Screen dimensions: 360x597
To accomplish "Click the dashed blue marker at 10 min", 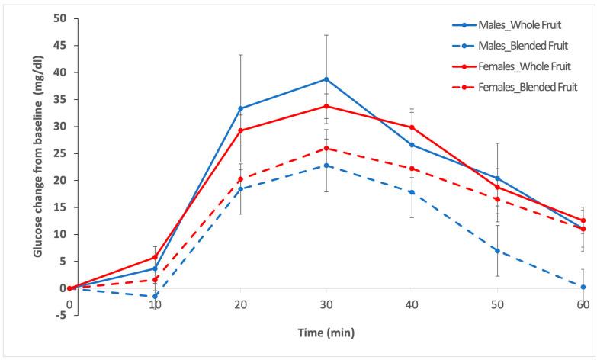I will click(155, 296).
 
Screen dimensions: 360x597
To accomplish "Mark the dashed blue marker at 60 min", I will click(583, 287).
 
